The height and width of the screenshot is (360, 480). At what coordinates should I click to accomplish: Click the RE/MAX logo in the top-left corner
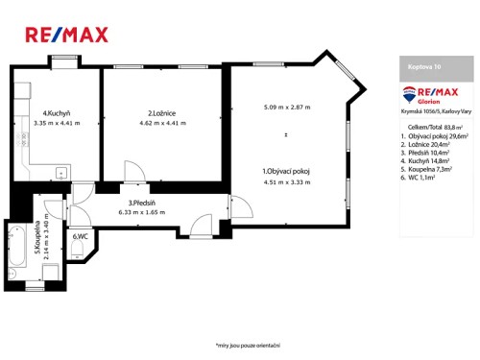[x=65, y=35]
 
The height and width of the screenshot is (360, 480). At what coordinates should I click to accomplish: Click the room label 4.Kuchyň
[x=56, y=113]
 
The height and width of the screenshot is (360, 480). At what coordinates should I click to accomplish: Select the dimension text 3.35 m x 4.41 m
[x=56, y=123]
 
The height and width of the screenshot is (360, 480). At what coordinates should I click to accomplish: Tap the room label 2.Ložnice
[x=149, y=113]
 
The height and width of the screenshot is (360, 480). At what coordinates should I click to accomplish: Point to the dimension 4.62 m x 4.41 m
[x=149, y=123]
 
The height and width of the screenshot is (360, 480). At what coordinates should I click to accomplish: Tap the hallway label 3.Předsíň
[x=143, y=203]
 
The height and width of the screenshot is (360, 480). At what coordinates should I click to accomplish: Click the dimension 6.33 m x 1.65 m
[x=143, y=211]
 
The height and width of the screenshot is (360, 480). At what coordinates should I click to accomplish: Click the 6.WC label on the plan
[x=79, y=235]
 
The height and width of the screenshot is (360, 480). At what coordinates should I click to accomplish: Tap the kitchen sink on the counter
[x=60, y=174]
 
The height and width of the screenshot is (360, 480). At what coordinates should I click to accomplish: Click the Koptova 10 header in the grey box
[x=423, y=67]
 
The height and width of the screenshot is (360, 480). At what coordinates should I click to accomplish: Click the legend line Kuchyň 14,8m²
[x=430, y=161]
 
